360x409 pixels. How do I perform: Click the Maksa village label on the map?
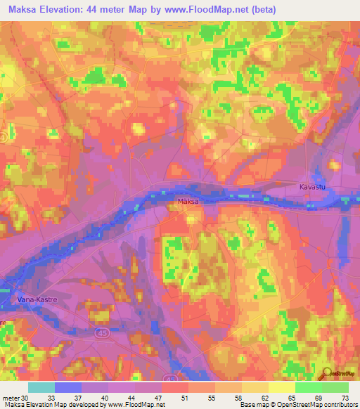click(186, 202)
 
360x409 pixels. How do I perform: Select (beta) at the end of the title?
click(260, 10)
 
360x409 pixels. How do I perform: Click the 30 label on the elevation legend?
click(26, 397)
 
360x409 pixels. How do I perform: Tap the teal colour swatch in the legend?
click(41, 387)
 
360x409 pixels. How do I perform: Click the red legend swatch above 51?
click(174, 387)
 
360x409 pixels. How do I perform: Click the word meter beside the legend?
click(10, 397)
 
